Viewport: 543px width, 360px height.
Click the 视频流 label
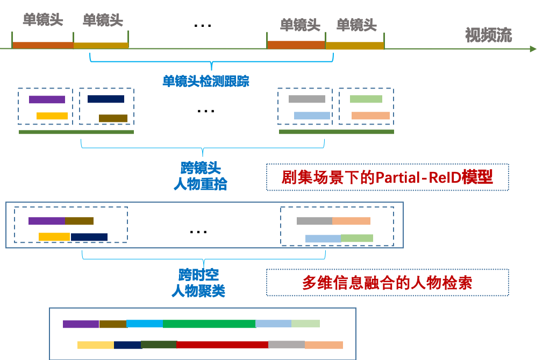click(488, 35)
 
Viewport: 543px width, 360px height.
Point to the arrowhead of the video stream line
click(533, 49)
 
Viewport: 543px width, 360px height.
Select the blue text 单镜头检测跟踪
click(205, 81)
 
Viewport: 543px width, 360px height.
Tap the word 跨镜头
click(200, 168)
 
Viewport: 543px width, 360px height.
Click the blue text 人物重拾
click(200, 184)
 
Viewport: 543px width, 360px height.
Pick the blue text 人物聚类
click(198, 291)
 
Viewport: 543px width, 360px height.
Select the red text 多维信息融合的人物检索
click(387, 283)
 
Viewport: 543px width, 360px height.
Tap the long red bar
click(222, 345)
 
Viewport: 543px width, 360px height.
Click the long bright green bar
click(209, 323)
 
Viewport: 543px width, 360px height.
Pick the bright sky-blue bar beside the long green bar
click(145, 323)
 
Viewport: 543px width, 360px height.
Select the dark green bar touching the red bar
click(158, 345)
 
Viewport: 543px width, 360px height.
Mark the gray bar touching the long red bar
click(287, 345)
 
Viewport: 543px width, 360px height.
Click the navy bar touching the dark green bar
click(127, 345)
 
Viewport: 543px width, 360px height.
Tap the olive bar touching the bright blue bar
click(113, 323)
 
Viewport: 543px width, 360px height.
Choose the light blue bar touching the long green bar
click(273, 323)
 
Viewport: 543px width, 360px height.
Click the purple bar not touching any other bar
click(47, 99)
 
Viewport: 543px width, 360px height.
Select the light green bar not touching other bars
click(366, 99)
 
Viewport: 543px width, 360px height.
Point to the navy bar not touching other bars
click(106, 99)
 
